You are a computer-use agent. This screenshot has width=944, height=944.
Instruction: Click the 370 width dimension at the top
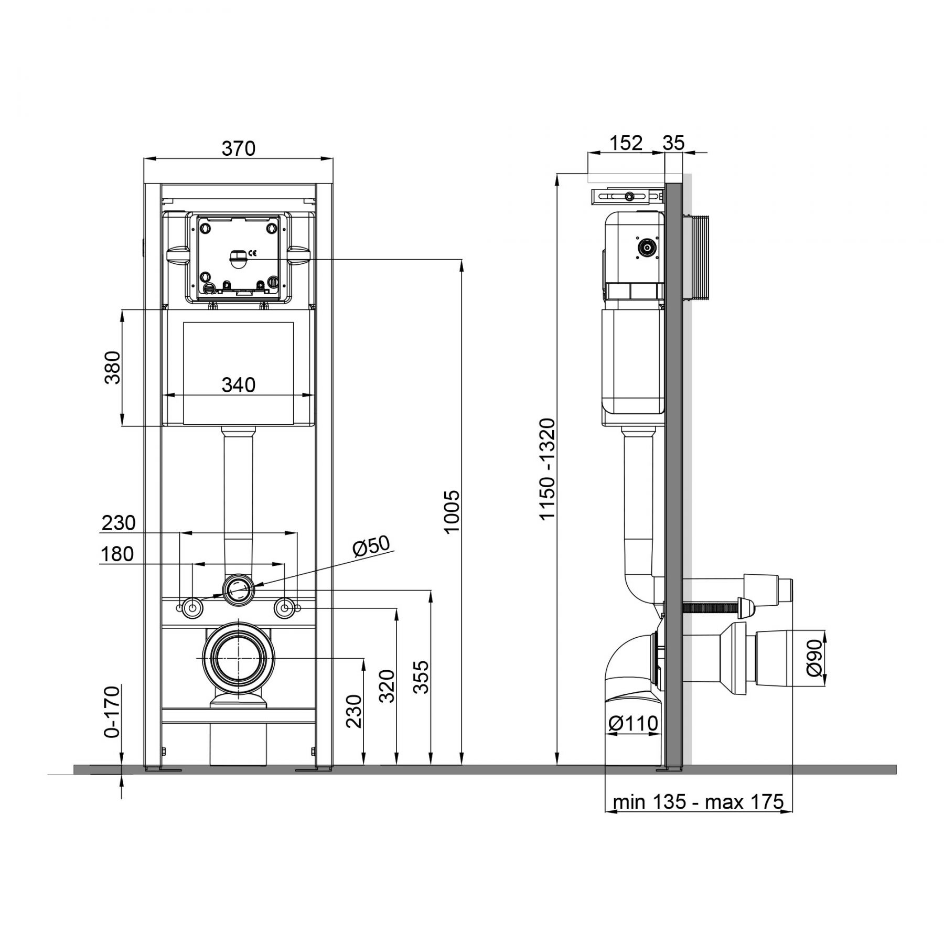[x=239, y=149]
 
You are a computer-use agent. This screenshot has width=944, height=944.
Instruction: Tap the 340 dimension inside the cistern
[x=239, y=385]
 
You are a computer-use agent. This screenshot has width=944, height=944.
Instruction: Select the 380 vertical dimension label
[x=113, y=367]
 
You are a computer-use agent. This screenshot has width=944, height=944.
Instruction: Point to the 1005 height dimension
[x=452, y=511]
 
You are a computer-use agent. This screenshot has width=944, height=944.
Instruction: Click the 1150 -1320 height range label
[x=548, y=469]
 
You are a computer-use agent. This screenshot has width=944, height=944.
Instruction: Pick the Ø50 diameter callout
[x=371, y=546]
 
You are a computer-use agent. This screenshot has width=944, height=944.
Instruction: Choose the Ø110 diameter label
[x=633, y=724]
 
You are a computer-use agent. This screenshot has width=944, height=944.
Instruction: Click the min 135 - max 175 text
[x=698, y=802]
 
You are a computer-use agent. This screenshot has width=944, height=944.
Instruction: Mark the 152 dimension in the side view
[x=626, y=143]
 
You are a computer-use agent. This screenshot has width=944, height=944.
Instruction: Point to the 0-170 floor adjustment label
[x=113, y=712]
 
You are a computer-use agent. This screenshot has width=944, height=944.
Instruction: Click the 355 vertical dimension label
[x=421, y=677]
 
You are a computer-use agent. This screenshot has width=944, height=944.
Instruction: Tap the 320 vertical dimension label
[x=387, y=686]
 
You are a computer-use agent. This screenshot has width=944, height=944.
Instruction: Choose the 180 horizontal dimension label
[x=117, y=554]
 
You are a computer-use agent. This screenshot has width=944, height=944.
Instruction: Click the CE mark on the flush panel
[x=252, y=254]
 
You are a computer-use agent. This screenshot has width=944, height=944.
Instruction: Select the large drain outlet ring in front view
[x=239, y=659]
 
